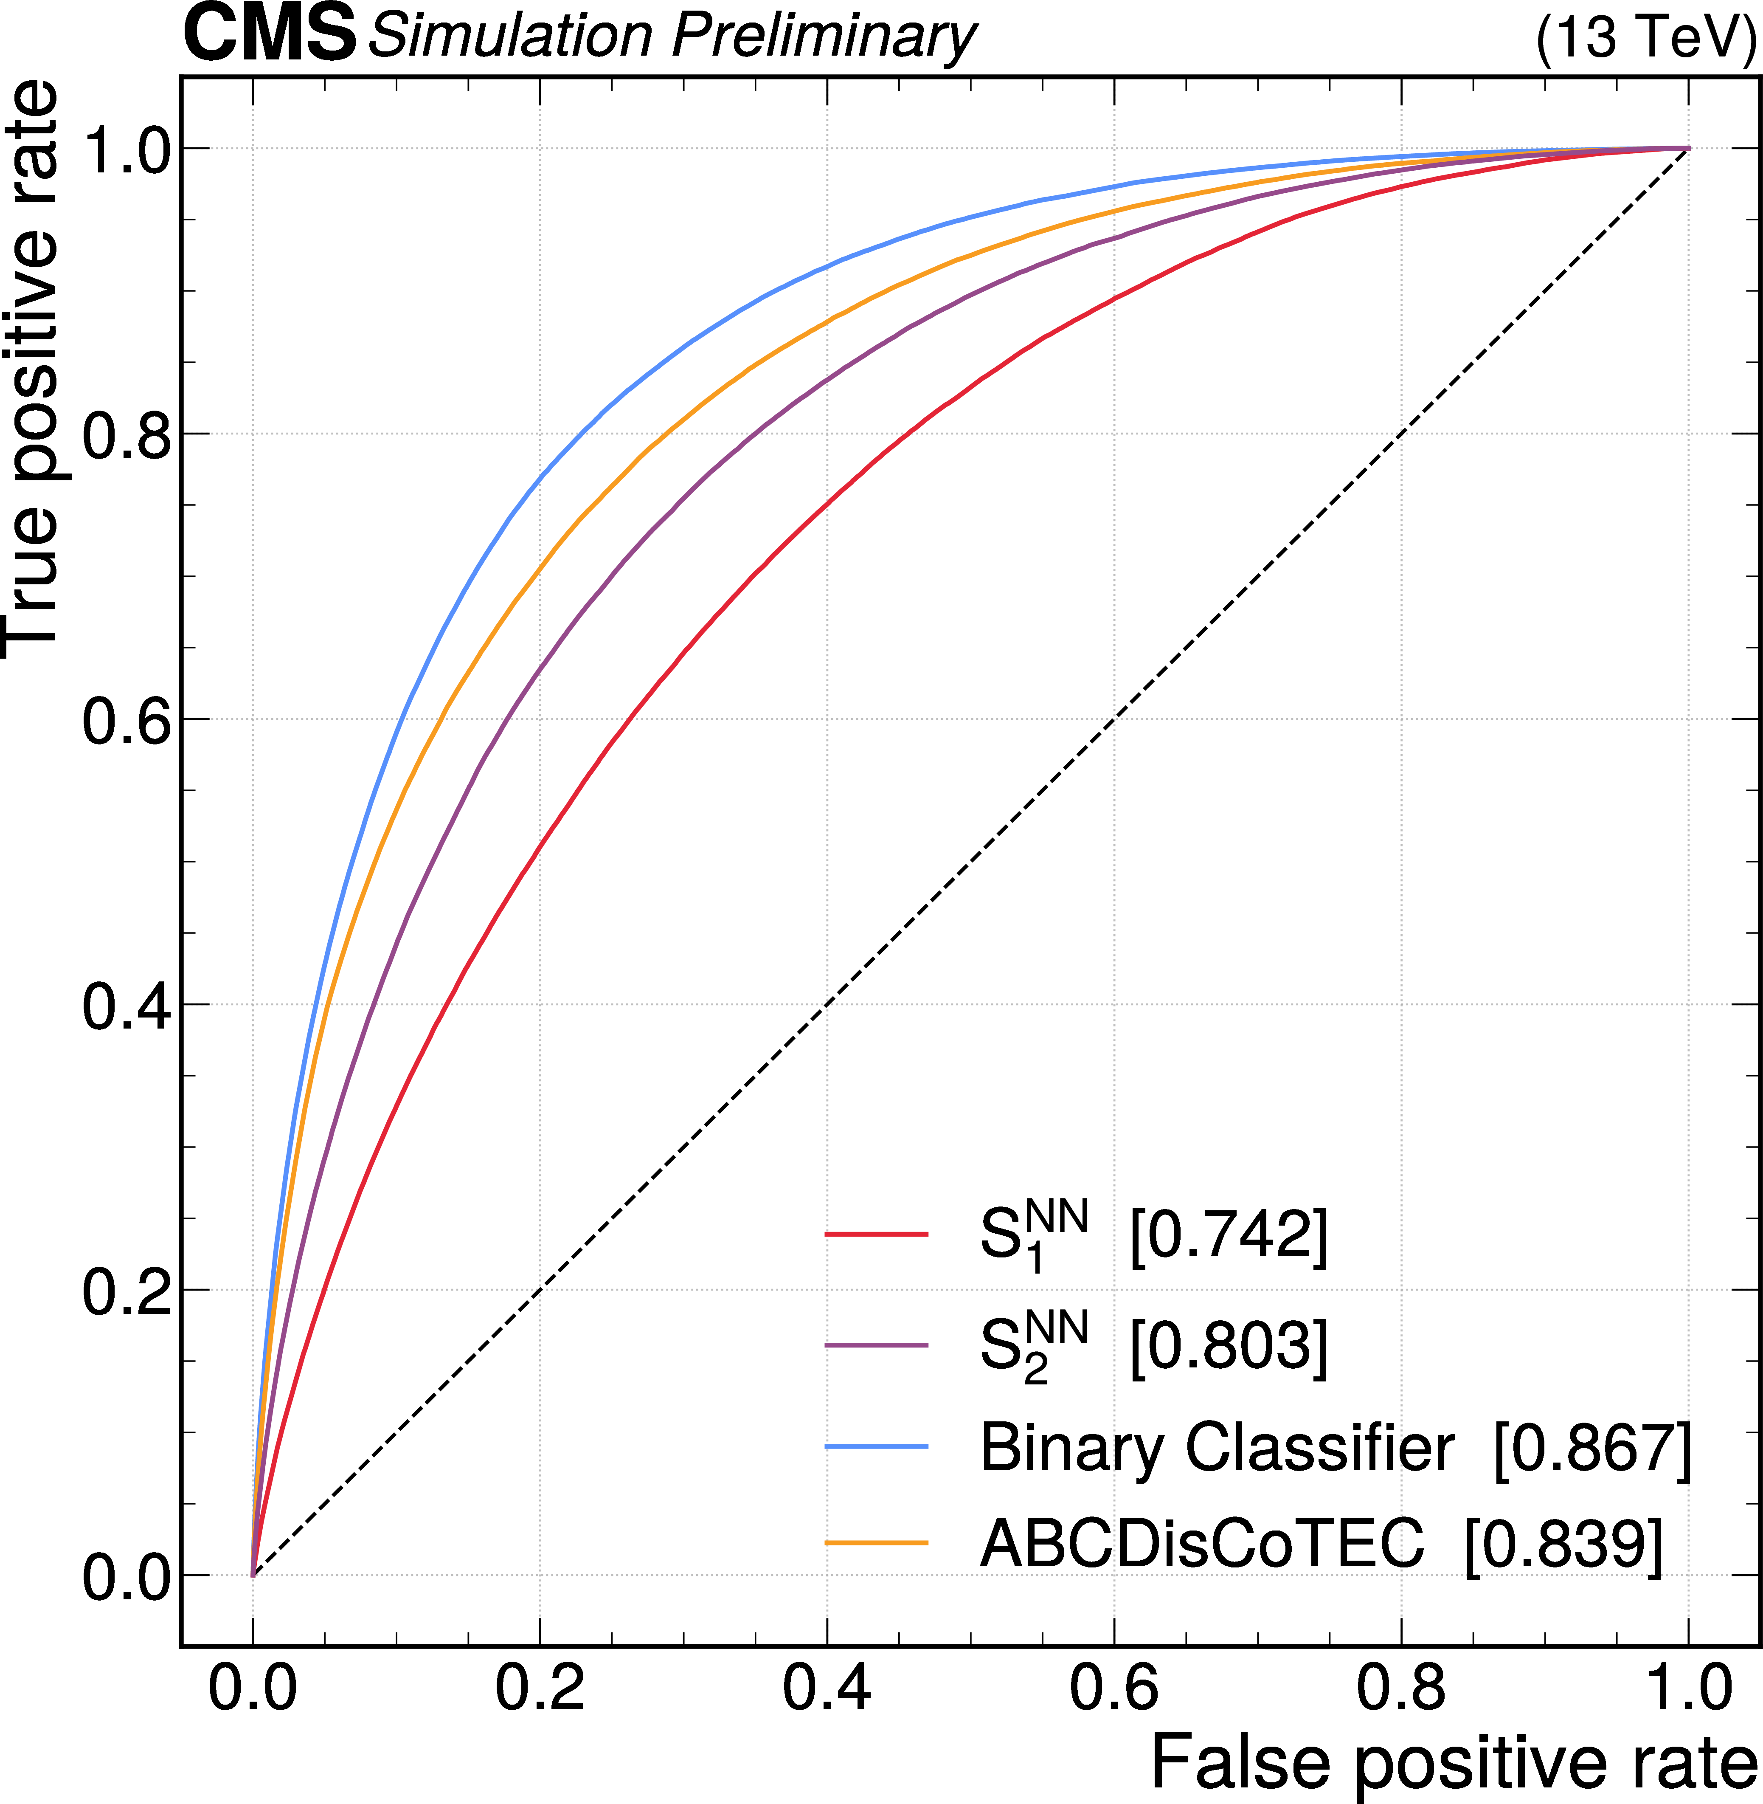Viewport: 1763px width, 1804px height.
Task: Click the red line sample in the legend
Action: coord(876,1234)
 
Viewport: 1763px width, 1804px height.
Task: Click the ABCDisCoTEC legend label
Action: coord(1202,1544)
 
